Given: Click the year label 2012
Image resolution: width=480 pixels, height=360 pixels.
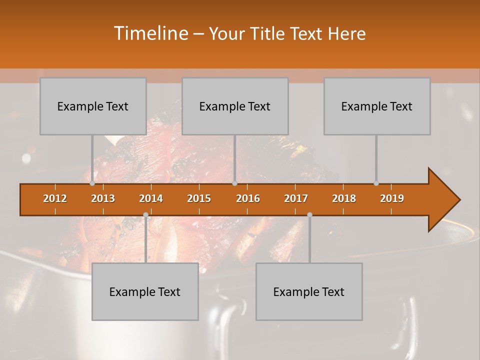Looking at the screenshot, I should pos(55,198).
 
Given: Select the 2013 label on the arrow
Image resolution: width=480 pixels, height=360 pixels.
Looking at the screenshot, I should pos(103,198).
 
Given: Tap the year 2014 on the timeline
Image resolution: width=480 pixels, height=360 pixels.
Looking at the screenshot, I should pos(151,198).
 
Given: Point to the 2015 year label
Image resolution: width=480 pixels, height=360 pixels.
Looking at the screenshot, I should pos(199,198).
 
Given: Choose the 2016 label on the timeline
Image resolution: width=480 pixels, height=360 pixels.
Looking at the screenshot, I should pos(248,198).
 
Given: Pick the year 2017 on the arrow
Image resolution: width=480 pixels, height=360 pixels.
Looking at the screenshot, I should pos(296,198).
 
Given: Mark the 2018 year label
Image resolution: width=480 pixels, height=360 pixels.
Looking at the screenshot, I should pos(344,198).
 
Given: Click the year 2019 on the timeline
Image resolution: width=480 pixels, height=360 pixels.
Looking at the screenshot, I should pos(392,198).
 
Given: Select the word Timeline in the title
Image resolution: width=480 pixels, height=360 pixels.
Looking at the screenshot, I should pos(150,33).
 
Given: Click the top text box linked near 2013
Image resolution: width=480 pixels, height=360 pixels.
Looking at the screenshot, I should pos(93,106).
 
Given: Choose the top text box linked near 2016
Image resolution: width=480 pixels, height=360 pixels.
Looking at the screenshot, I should pos(235,106).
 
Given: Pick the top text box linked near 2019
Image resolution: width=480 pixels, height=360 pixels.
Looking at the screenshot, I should pos(377,106).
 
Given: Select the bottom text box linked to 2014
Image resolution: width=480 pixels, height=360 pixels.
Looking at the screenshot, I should pos(145,291).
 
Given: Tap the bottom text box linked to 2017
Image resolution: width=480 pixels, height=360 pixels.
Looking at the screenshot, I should pos(309,291).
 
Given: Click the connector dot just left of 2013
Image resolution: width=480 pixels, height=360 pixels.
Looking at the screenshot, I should pos(92,183).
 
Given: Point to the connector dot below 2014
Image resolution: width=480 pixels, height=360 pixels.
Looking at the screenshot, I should pos(145,214).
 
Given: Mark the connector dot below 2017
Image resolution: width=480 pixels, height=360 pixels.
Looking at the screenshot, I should pos(309,214).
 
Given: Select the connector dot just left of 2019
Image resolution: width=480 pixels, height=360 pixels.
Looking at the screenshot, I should pos(376,183).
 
